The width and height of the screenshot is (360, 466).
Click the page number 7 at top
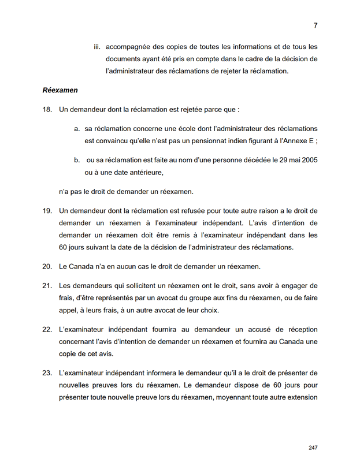coord(316,25)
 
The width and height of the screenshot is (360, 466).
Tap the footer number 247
coord(313,448)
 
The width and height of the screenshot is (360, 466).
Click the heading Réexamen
coord(60,91)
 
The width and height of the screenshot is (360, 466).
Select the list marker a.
coord(77,128)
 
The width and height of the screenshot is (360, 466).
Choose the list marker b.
coord(77,160)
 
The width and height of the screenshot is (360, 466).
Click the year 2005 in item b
coord(308,160)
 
